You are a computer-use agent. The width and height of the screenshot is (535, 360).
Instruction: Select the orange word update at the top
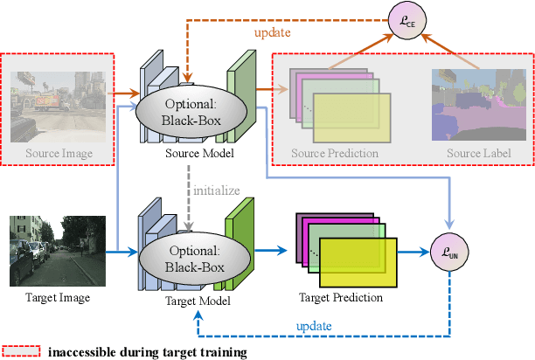click(273, 32)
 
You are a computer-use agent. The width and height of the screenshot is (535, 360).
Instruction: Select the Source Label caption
click(477, 154)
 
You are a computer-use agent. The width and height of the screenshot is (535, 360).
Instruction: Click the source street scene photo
click(59, 100)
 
